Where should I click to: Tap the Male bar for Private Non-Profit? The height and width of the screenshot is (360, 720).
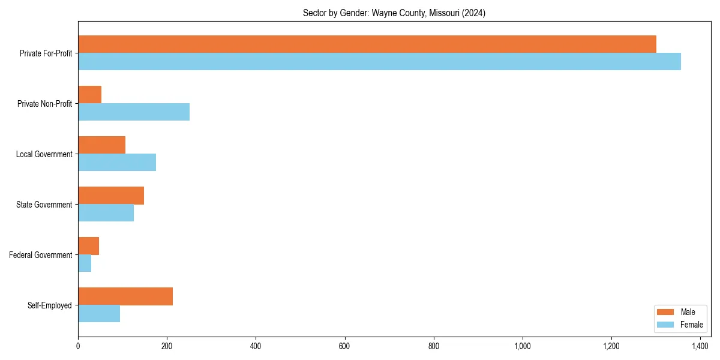[90, 95]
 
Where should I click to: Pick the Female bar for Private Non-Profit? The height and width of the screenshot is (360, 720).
[134, 112]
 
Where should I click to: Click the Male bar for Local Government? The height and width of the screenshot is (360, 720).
[102, 145]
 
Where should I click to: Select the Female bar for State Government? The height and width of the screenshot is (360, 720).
[106, 213]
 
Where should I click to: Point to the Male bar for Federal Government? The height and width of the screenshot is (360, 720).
[89, 246]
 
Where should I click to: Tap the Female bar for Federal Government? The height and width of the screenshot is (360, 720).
[85, 263]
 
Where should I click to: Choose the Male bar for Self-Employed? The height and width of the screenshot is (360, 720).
[125, 296]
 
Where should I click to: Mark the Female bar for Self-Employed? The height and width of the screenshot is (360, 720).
[99, 314]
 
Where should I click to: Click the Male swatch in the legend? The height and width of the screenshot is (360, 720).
[665, 312]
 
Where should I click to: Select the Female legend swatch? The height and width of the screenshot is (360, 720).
[665, 325]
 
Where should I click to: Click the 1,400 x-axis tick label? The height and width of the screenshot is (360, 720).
[700, 346]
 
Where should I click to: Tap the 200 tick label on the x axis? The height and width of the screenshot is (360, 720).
[167, 346]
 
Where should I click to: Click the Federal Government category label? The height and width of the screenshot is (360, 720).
[41, 255]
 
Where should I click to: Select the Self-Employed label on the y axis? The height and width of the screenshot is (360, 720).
[50, 305]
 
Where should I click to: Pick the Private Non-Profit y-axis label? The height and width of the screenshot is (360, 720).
[46, 104]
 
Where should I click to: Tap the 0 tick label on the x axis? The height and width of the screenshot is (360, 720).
[78, 346]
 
